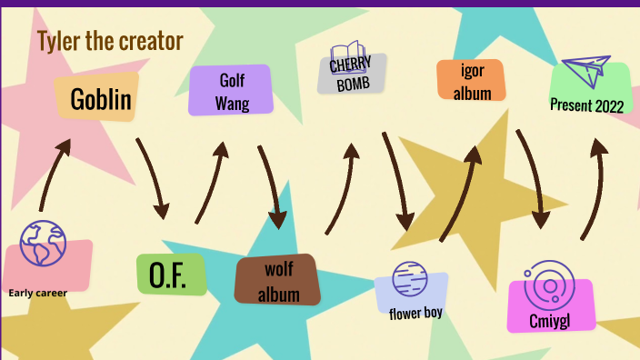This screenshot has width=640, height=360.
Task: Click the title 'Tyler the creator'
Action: [110, 41]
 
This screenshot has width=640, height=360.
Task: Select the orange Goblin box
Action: [101, 99]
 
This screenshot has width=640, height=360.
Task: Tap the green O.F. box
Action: [170, 275]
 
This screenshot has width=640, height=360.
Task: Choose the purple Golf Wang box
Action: [231, 91]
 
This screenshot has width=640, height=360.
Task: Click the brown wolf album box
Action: [277, 281]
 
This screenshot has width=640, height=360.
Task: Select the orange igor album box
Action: [470, 80]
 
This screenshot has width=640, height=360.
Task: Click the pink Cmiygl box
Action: [550, 318]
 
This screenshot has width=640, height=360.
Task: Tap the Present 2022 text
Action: [587, 105]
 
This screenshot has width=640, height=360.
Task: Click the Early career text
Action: [38, 293]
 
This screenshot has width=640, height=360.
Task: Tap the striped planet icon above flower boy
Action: [408, 277]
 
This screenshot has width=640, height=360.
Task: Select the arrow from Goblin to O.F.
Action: [154, 177]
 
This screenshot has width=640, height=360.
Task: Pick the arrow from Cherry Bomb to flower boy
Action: [397, 182]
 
